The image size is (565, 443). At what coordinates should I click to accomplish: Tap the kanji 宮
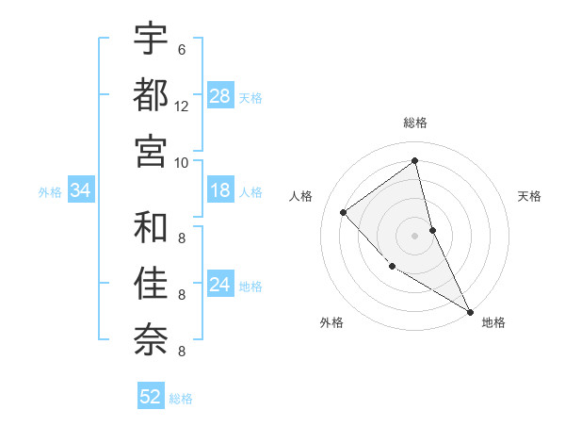(151, 151)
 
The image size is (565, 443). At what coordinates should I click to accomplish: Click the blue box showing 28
(220, 96)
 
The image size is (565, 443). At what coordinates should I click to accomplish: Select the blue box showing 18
(220, 190)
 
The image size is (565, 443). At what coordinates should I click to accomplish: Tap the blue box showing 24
(220, 285)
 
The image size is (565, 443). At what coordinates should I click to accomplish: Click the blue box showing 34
(81, 191)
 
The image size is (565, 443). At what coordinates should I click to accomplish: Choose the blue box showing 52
(151, 398)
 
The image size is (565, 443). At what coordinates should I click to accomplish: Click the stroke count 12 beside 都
(182, 107)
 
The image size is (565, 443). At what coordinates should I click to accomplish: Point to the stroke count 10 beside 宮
(182, 162)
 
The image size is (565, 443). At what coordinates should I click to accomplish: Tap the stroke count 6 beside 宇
(182, 50)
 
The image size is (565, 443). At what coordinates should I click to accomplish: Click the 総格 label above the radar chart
(415, 123)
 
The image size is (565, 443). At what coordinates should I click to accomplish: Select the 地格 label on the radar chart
(493, 323)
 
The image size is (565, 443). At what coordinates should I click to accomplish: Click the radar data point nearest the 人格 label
(344, 212)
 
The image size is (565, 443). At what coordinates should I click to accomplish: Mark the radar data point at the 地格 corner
(470, 311)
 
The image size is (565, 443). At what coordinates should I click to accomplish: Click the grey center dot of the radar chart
(415, 235)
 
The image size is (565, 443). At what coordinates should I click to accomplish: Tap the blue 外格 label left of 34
(50, 192)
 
